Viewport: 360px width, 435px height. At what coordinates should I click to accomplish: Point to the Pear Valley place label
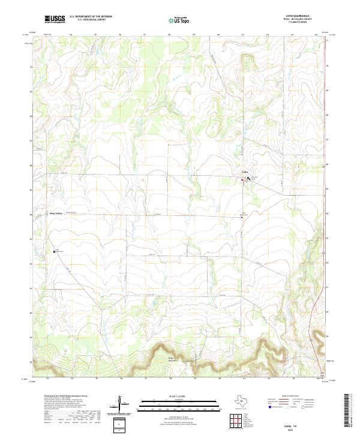[56, 213]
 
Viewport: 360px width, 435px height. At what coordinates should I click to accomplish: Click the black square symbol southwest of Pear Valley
[55, 252]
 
